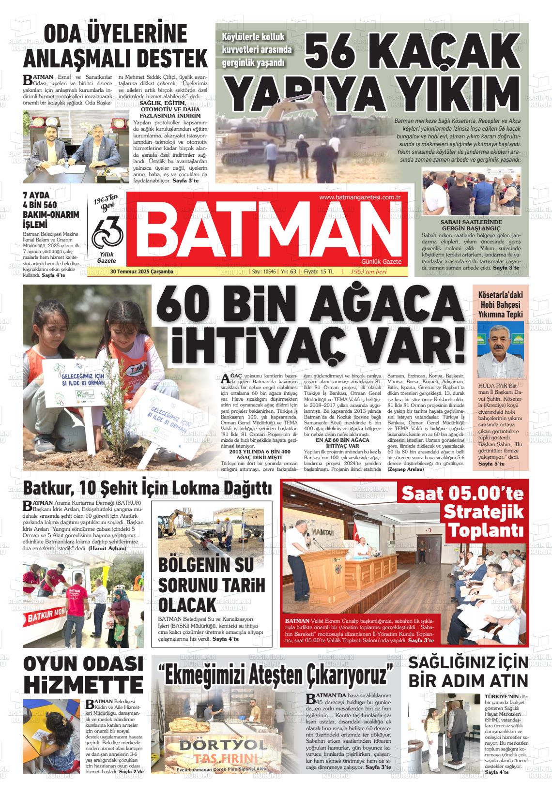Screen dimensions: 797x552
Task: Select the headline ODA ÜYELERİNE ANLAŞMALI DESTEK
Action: (x=116, y=47)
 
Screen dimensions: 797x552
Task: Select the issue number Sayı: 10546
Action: (x=264, y=271)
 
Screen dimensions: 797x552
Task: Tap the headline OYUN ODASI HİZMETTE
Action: (x=83, y=674)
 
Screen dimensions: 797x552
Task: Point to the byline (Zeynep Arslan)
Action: (x=406, y=469)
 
